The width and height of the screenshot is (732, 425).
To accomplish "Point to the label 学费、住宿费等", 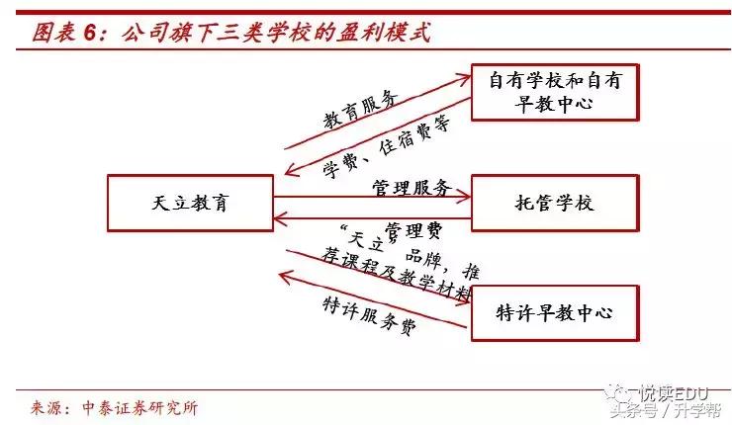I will [387, 148].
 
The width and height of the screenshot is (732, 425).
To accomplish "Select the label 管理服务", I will [412, 188].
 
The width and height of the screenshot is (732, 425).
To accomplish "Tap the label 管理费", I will [413, 230].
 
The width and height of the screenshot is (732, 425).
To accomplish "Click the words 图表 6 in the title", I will [61, 32].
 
